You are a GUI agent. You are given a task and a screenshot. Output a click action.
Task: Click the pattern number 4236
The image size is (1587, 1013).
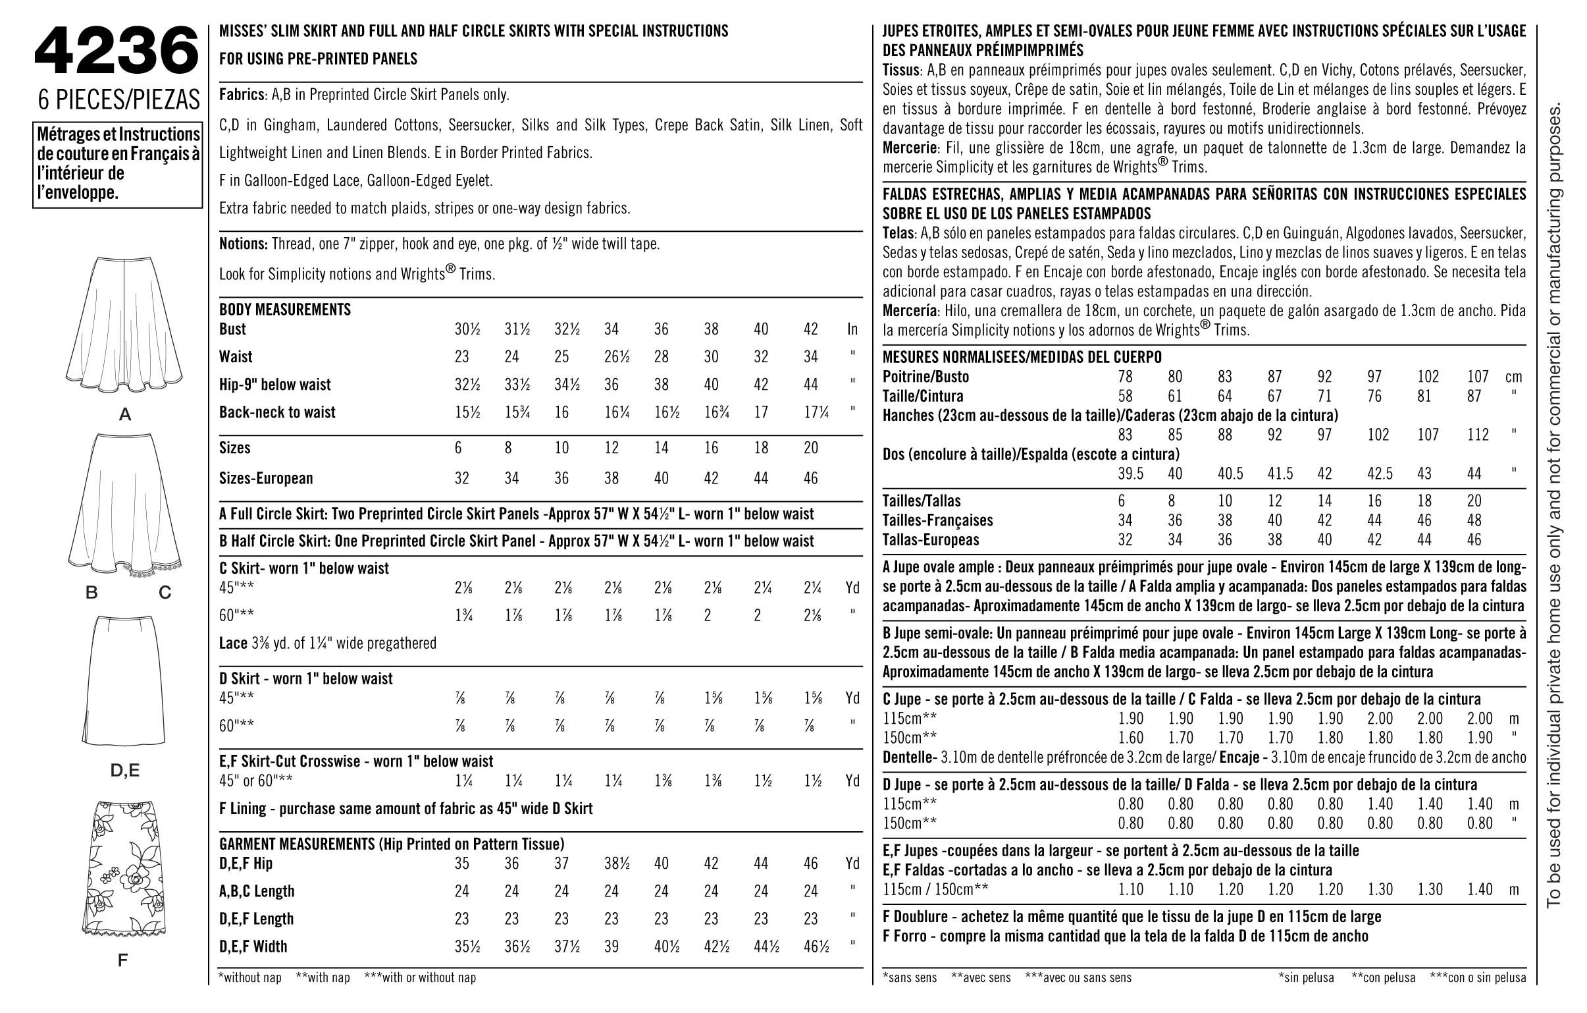116,51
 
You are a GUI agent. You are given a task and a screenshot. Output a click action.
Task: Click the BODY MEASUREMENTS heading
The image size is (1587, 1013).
285,310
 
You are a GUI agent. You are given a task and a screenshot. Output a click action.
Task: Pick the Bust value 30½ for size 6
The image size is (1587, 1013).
467,329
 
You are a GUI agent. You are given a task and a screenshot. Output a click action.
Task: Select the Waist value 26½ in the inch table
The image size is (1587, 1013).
616,357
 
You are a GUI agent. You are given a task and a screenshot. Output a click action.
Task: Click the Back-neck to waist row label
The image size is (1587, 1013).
277,412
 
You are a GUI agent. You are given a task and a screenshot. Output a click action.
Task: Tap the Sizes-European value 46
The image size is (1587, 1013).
811,478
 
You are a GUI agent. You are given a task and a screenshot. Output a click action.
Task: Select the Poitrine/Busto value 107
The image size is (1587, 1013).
1478,377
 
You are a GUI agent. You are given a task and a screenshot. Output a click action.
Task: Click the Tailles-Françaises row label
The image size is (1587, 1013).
937,520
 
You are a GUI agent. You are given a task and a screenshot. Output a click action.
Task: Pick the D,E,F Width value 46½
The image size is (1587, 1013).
816,946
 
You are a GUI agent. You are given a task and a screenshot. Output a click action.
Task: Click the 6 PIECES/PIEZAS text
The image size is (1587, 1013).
118,99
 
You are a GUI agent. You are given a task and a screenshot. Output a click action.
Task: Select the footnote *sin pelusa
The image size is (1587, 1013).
1305,978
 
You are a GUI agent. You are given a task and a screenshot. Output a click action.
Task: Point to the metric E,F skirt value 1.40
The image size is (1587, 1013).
1480,890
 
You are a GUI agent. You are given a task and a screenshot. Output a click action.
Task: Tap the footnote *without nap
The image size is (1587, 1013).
249,977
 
